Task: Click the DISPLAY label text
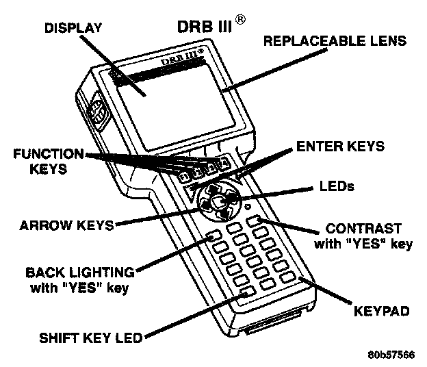73,27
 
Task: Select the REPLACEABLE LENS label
335,41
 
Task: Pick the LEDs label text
337,186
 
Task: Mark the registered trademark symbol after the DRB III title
240,23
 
